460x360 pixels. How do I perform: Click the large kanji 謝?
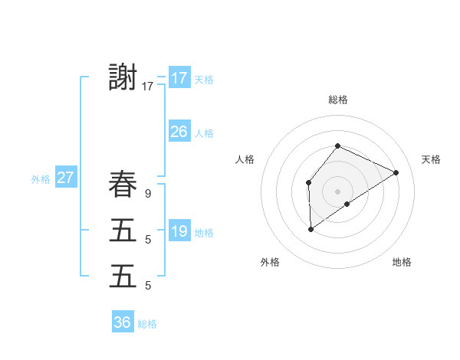tap(123, 77)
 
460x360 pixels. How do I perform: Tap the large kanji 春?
tap(123, 185)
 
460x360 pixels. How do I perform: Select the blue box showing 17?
tap(179, 78)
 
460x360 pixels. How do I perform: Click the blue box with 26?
tap(179, 132)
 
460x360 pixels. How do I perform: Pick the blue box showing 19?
tap(179, 231)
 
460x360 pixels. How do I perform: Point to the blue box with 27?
tap(66, 178)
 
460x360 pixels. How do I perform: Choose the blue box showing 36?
tap(123, 322)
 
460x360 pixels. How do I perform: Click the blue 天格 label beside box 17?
tap(204, 80)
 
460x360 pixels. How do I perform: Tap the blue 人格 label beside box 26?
tap(204, 133)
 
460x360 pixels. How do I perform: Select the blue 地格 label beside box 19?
tap(204, 233)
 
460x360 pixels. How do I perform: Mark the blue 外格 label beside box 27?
tap(41, 180)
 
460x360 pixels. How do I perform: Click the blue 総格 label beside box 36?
tap(147, 324)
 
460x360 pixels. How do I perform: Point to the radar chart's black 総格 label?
tap(337, 100)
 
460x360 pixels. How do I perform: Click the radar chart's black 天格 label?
tap(431, 159)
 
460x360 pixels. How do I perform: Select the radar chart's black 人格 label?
tap(245, 159)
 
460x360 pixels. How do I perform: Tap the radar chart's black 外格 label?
tap(270, 263)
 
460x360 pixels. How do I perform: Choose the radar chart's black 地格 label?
tap(402, 263)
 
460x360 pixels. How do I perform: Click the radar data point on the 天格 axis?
tap(396, 172)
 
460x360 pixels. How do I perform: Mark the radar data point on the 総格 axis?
tap(337, 146)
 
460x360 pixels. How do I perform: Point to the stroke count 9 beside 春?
tap(147, 194)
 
